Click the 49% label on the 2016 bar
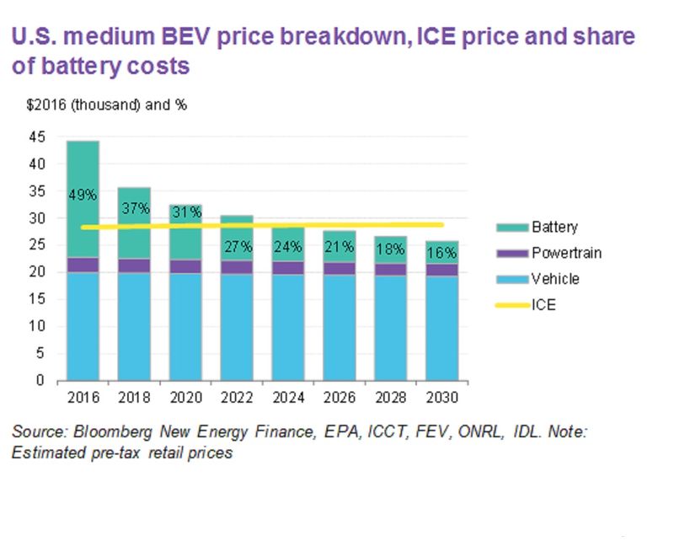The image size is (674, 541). [83, 195]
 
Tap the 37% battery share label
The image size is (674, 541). [134, 208]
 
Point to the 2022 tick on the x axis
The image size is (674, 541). [237, 397]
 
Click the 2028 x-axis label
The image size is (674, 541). [390, 397]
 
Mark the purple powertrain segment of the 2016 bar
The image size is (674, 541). [83, 265]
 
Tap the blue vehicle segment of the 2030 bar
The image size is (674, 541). [442, 328]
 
